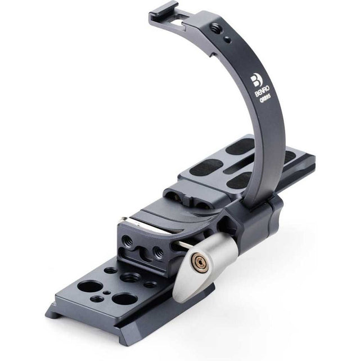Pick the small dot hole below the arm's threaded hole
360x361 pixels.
pos(228,39)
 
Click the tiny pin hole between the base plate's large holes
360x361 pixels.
pos(106,293)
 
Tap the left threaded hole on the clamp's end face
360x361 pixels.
pos(128,241)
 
